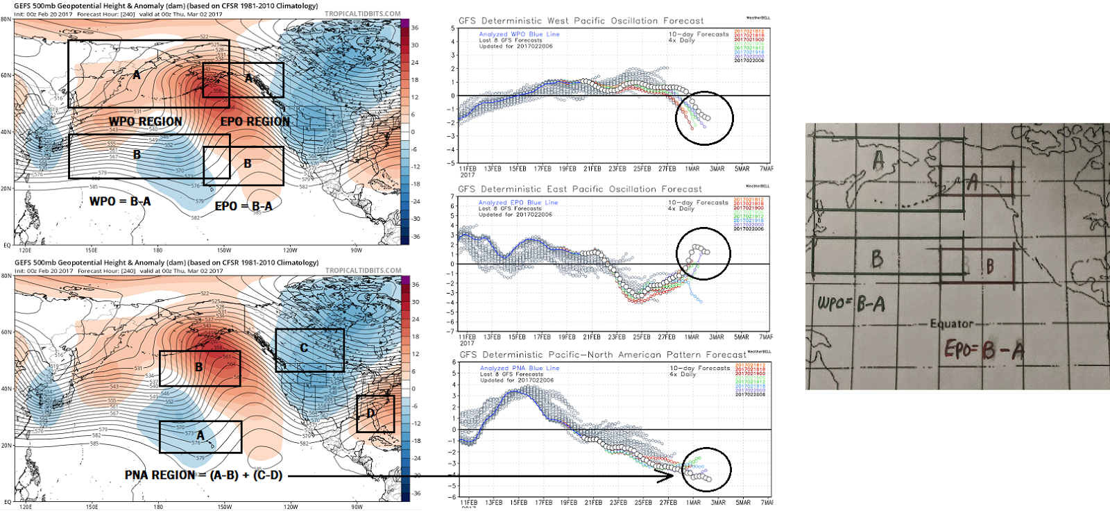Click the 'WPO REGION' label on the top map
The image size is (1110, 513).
click(145, 121)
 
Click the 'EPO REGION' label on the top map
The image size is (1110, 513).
click(255, 121)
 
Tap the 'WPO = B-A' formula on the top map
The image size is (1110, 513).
click(120, 201)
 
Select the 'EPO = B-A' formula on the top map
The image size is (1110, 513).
click(244, 206)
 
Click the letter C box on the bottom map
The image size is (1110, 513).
click(309, 350)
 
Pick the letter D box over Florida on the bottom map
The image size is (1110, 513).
click(375, 414)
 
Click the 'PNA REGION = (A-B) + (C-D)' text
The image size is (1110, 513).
click(203, 476)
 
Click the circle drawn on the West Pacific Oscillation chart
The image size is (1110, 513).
click(704, 118)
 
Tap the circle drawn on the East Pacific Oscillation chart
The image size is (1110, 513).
click(703, 253)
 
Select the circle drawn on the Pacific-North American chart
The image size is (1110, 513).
click(706, 470)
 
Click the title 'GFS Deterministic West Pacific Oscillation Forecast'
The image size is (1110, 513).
click(581, 21)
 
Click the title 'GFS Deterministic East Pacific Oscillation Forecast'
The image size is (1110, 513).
click(580, 189)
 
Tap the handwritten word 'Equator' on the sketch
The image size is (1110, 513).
click(951, 323)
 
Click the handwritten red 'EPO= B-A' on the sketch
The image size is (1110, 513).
click(984, 349)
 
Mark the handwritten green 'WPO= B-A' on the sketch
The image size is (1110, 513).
click(851, 303)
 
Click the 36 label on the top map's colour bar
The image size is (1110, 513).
click(415, 28)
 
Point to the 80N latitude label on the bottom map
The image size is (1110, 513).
click(6, 276)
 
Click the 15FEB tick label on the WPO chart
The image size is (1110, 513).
click(518, 169)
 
